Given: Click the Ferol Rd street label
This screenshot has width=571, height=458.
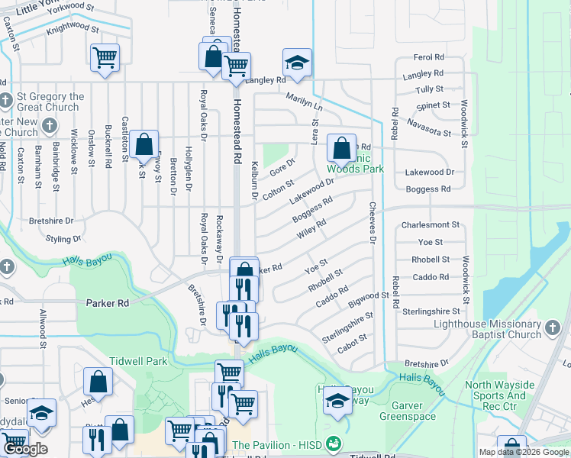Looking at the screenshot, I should tap(428, 57).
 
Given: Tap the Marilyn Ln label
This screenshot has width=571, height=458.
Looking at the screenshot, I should tap(305, 102).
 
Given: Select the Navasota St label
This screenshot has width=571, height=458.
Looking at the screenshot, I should tap(428, 127).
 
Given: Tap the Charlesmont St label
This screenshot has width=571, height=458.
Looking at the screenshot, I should tap(431, 225).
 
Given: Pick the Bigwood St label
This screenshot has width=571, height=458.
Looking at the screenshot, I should tap(368, 295).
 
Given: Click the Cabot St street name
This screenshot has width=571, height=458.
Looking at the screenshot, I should tap(353, 337).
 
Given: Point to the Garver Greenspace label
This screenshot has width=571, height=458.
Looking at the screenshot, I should tap(424, 411).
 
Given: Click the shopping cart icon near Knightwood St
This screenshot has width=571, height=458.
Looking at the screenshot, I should tap(104, 57).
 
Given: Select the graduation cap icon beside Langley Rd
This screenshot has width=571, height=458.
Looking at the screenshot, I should tap(298, 62).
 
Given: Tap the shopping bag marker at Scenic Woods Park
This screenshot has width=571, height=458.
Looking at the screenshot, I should tap(342, 146).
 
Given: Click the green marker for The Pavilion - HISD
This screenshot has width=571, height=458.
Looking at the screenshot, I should tap(332, 443).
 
